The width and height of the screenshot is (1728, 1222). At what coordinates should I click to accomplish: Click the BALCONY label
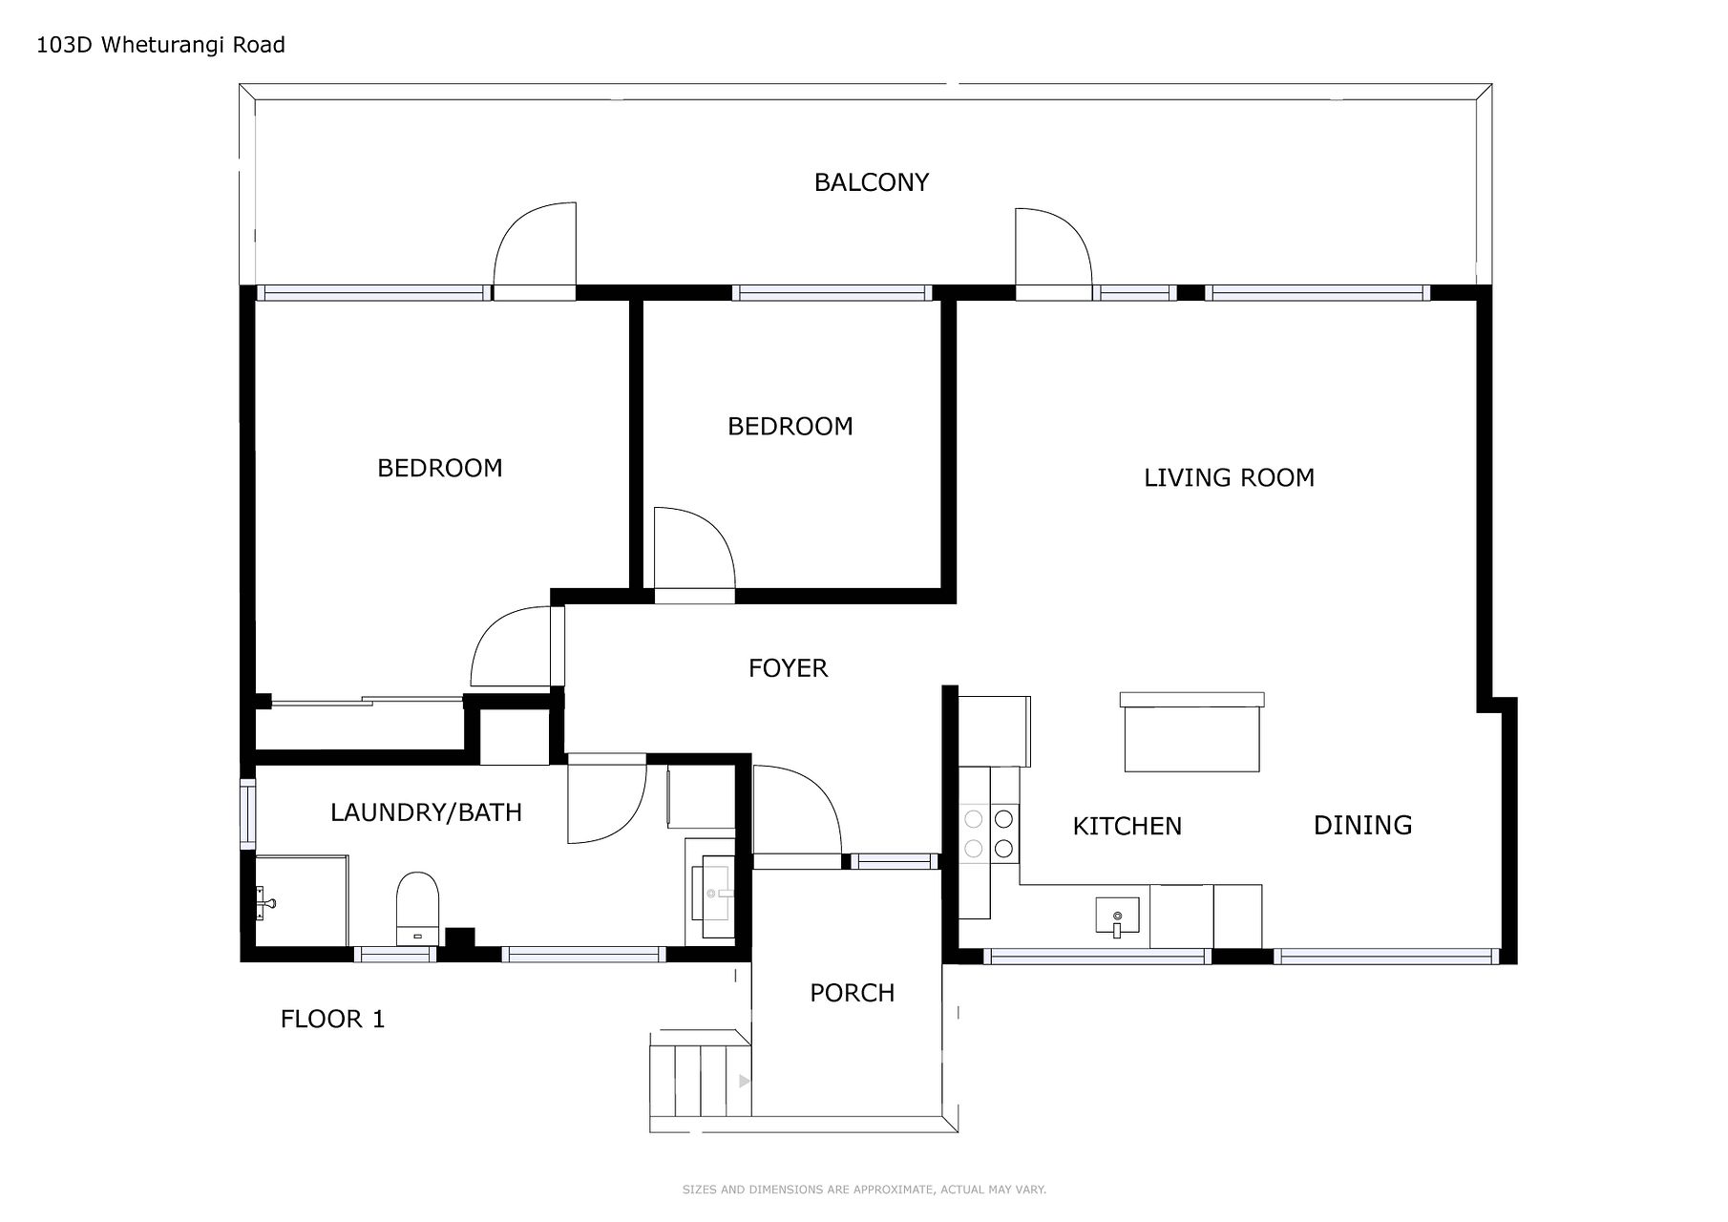pyautogui.click(x=871, y=182)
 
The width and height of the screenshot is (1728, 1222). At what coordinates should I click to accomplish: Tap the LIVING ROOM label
pyautogui.click(x=1229, y=477)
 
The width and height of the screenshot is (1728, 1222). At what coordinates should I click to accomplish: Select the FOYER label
pyautogui.click(x=788, y=668)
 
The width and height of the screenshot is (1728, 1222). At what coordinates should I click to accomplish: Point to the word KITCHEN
pyautogui.click(x=1127, y=826)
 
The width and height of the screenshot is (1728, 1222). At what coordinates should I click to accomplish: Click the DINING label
pyautogui.click(x=1362, y=825)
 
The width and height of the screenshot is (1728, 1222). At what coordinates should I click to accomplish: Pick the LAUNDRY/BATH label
pyautogui.click(x=426, y=812)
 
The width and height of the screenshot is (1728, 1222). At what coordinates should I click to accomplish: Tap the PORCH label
pyautogui.click(x=852, y=993)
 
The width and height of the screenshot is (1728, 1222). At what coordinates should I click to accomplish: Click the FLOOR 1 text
pyautogui.click(x=332, y=1020)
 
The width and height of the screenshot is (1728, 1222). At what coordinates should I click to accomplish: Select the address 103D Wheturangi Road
pyautogui.click(x=160, y=45)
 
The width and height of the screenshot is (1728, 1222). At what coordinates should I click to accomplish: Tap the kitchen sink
pyautogui.click(x=1117, y=917)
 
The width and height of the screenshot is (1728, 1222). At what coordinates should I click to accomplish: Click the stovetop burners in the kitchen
pyautogui.click(x=988, y=832)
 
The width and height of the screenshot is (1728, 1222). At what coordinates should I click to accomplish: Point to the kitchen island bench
pyautogui.click(x=1192, y=732)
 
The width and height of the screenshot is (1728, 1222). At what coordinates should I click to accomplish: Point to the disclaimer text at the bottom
pyautogui.click(x=864, y=1190)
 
